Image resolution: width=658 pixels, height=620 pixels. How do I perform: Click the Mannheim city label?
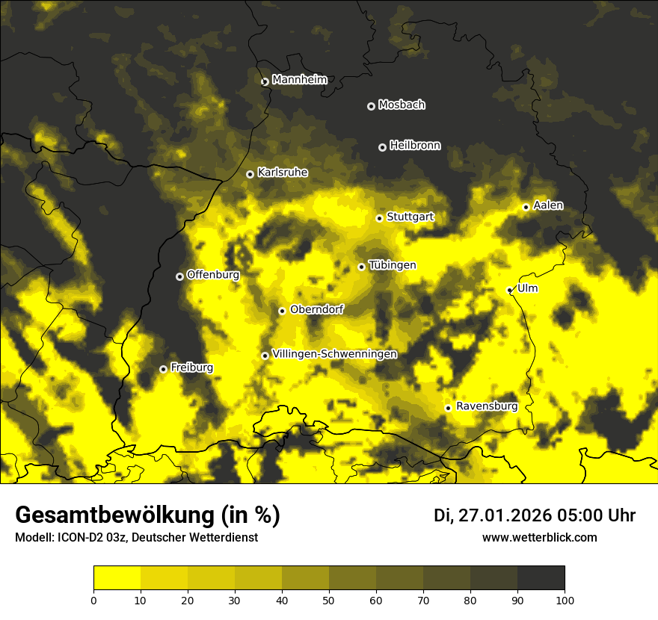coord(299,80)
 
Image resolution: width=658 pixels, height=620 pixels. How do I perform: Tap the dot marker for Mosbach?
coord(371,106)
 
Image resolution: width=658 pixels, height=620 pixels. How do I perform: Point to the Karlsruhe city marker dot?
coord(250,174)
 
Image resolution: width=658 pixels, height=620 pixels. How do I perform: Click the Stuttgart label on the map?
coord(410,217)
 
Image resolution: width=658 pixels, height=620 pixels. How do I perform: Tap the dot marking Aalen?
coord(526,207)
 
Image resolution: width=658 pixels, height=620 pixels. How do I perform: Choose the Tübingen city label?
coord(392,265)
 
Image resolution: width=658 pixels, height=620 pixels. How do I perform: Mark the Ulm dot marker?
coord(510,290)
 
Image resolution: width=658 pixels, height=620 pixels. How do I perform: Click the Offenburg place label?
coord(212,275)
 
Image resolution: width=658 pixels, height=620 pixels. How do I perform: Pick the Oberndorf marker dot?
coord(282,311)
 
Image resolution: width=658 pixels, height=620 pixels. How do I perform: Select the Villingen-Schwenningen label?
coord(334,354)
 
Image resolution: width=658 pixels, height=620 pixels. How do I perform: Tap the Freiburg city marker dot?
coord(163,369)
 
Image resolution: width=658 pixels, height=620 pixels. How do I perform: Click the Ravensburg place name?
coord(486,406)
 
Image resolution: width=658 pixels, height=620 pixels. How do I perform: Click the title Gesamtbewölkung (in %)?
coord(147,515)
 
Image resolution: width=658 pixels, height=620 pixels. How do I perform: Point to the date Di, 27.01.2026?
coord(491,515)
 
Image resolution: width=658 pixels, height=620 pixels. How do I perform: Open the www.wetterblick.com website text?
coord(539,537)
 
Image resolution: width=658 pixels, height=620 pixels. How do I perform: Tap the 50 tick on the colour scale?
coord(329,599)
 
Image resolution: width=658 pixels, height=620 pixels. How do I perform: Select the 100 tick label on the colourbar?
coord(565,599)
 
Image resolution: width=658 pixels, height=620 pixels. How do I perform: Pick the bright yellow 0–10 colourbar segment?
coord(117,578)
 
